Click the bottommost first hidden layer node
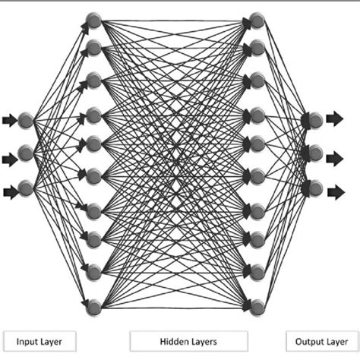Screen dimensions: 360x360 click(93, 307)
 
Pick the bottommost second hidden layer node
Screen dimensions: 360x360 click(257, 307)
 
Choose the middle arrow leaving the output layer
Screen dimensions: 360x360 click(335, 159)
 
